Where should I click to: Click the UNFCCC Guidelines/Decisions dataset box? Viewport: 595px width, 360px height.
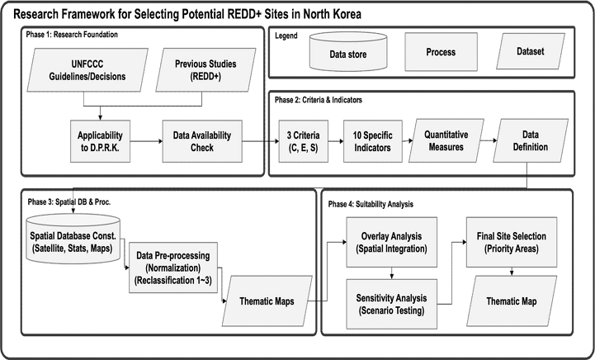point(87,70)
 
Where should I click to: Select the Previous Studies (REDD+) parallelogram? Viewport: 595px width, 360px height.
point(205,70)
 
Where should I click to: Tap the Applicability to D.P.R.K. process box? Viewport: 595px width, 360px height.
point(100,141)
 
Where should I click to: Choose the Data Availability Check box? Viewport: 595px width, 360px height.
point(202,141)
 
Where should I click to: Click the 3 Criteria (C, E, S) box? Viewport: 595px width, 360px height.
point(304,141)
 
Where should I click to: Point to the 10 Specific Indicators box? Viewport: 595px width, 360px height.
point(373,141)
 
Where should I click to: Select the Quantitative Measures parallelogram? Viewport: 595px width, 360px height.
point(446,140)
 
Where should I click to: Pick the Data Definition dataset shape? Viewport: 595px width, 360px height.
point(531,140)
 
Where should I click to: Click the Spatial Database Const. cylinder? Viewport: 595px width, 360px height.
point(73,239)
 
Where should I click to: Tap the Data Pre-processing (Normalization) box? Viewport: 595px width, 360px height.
point(173,268)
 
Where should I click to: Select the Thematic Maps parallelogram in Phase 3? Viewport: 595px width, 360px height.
point(267,301)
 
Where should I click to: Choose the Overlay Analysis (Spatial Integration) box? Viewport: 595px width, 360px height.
point(392,242)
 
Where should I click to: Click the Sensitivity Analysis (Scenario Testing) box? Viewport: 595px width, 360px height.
point(392,304)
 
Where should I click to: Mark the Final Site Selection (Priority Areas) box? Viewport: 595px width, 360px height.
point(512,242)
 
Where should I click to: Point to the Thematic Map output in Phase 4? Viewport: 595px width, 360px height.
point(512,301)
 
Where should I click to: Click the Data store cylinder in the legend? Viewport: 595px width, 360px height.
point(348,52)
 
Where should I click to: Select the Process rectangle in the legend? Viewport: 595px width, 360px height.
point(441,52)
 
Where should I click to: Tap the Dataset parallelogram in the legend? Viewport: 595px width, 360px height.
point(531,51)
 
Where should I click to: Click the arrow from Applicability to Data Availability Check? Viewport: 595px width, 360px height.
point(146,142)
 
